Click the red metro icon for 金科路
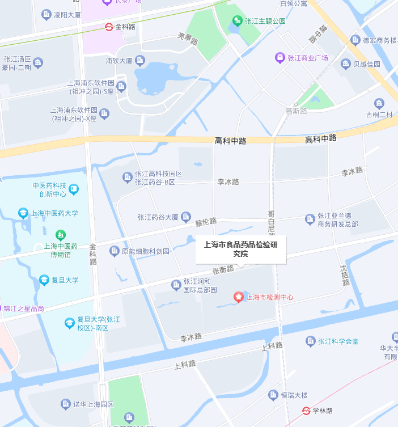(109, 27)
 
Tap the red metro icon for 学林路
(306, 411)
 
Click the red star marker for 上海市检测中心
(239, 297)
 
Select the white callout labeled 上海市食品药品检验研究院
(241, 249)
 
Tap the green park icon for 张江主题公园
(238, 22)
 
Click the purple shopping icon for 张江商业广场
(280, 57)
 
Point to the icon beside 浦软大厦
(140, 60)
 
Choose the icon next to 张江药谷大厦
(187, 217)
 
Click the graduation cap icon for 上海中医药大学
(23, 213)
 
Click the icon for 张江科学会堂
(310, 341)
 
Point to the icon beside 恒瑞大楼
(275, 395)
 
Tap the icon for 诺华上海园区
(66, 404)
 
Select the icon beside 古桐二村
(379, 103)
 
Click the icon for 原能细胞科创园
(115, 251)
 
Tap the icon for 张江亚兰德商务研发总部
(310, 219)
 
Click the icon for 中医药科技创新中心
(74, 189)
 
